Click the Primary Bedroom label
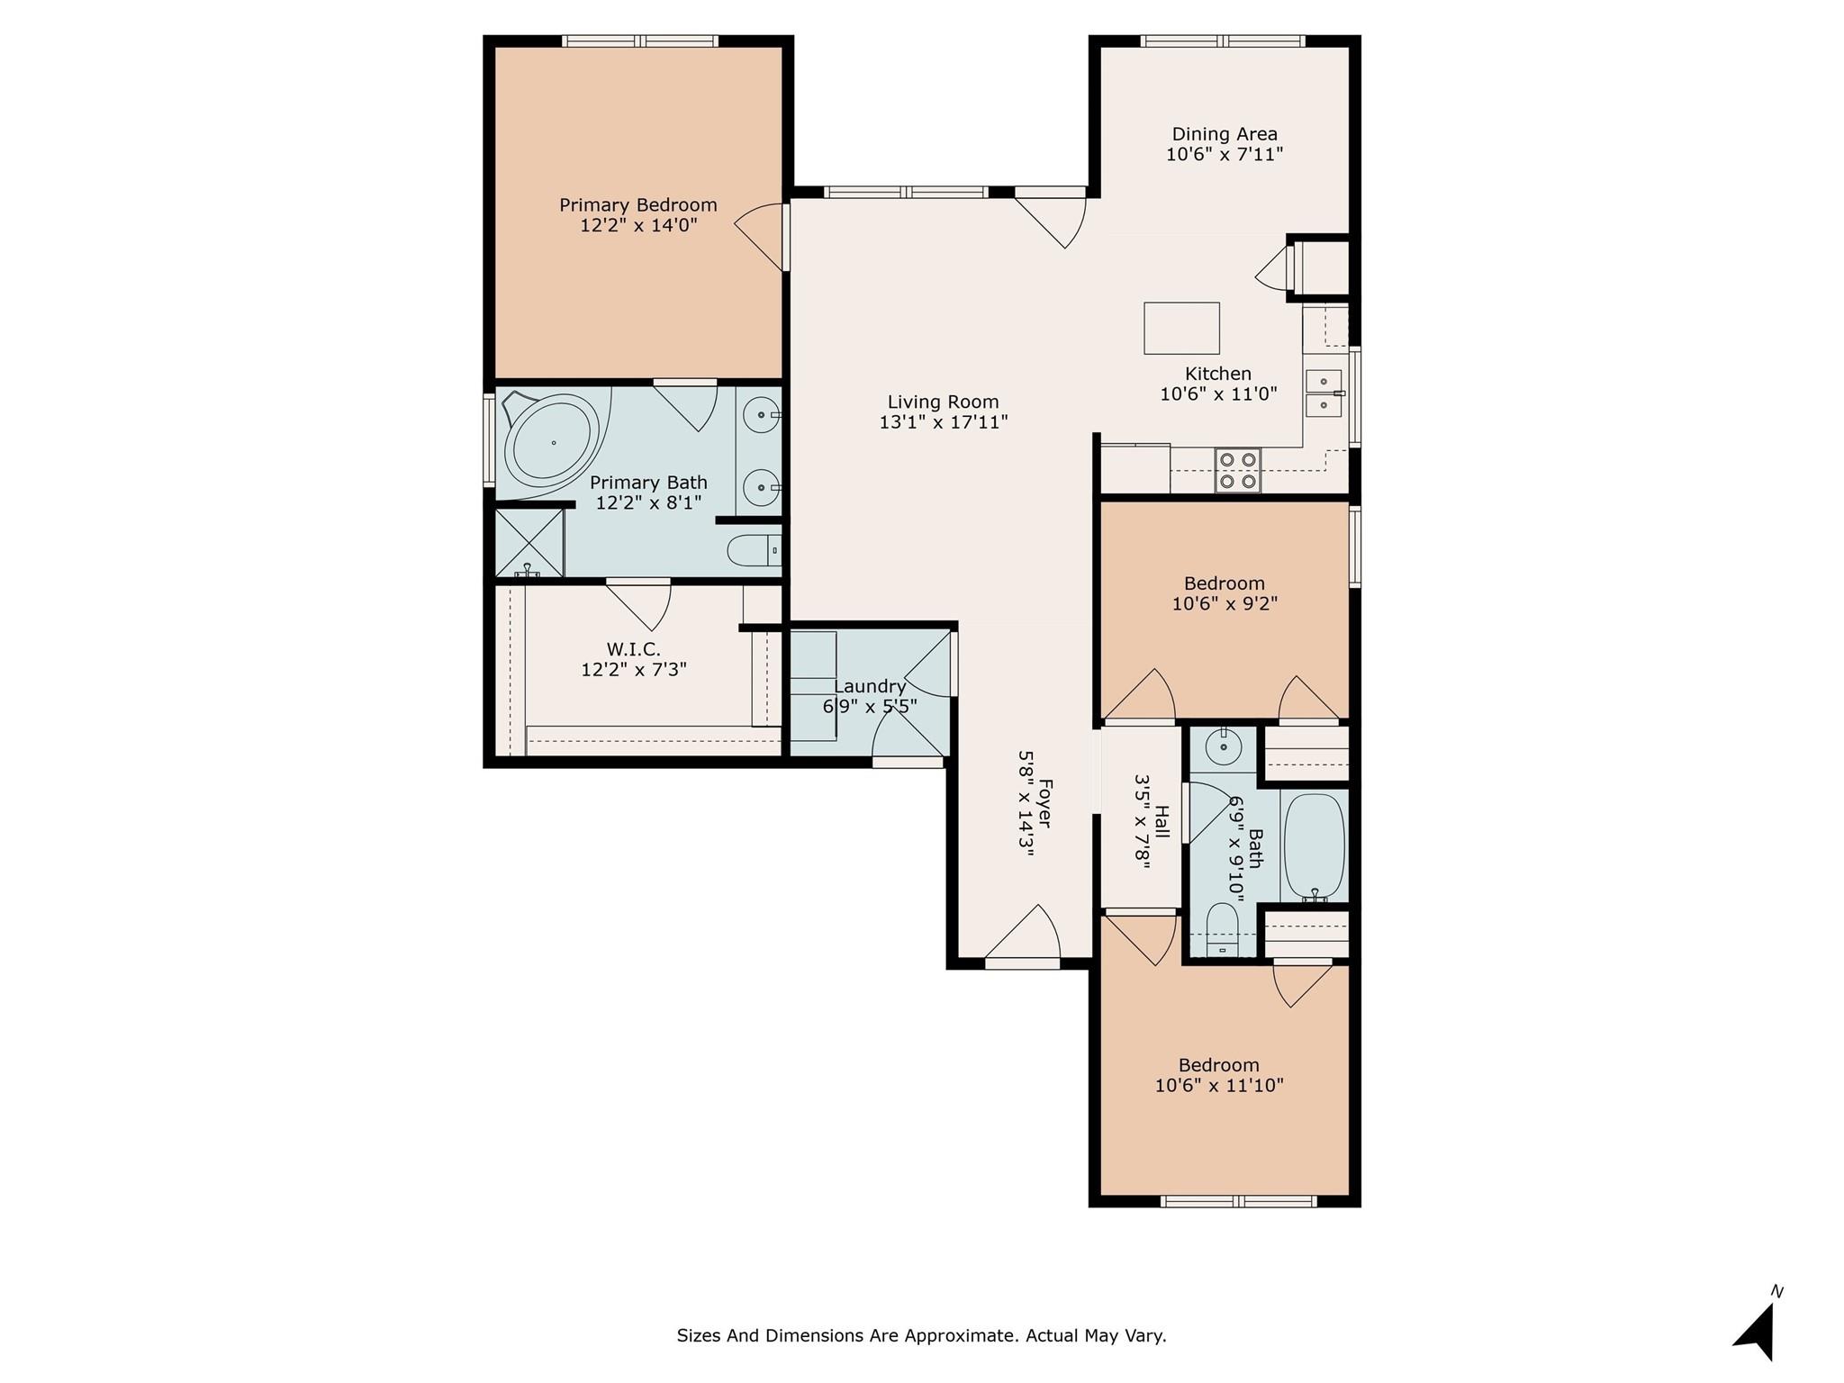point(637,205)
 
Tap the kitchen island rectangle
point(1181,329)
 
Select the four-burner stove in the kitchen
point(1237,470)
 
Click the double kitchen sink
point(1324,393)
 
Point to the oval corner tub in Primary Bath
point(551,443)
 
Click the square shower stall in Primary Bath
point(529,543)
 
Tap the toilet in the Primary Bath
point(754,549)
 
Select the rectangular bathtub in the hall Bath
point(1314,845)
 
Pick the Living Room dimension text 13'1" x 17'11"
point(943,421)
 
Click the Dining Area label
point(1224,134)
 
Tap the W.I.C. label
point(633,649)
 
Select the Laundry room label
point(869,686)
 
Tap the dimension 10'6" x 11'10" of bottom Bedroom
point(1218,1086)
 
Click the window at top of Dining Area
point(1222,41)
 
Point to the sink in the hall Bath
point(1224,746)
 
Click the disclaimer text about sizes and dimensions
point(921,1335)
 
